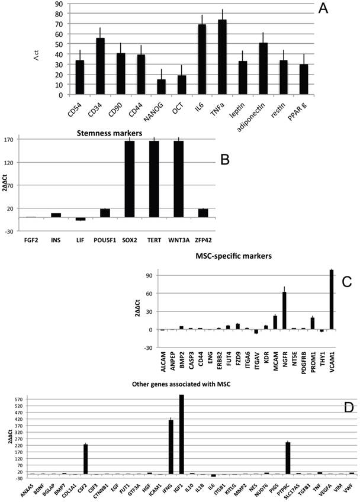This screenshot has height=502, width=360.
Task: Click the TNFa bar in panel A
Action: click(222, 57)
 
